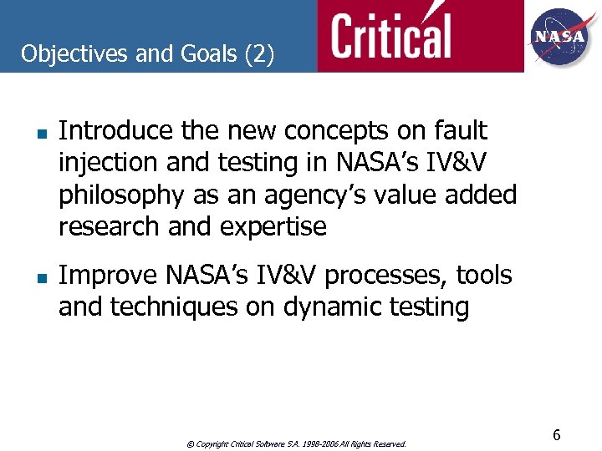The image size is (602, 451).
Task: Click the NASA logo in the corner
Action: point(560,36)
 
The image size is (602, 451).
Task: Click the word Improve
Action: point(109,275)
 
